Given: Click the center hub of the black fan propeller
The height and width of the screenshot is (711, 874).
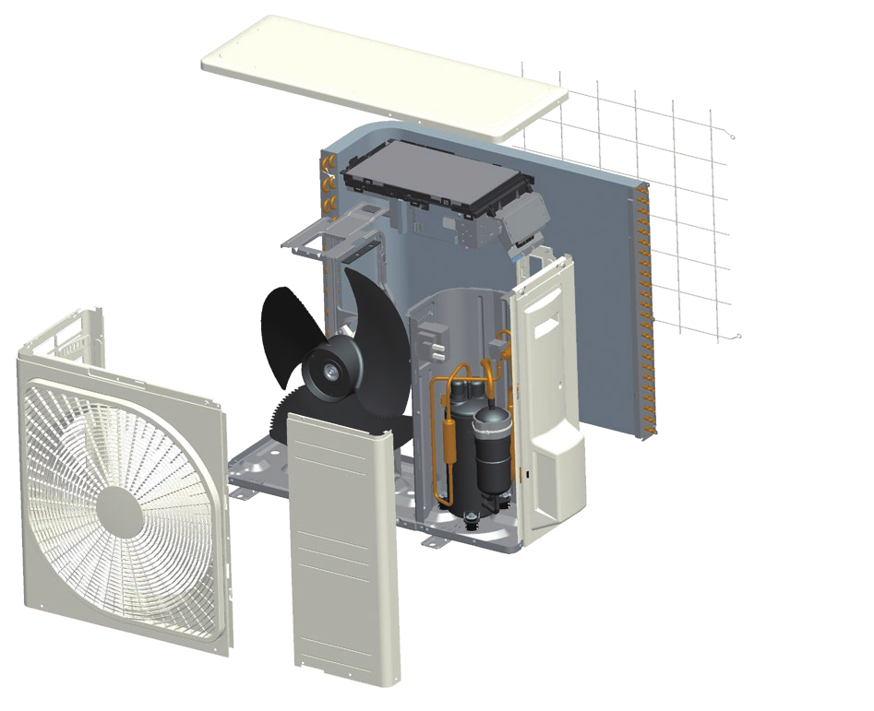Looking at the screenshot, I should tap(329, 368).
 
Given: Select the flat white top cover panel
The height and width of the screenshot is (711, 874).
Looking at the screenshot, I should tap(382, 77).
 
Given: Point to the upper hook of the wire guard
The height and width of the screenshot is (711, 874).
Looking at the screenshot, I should tap(732, 138).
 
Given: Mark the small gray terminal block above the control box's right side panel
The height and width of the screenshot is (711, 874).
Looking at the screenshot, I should tap(524, 213).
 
